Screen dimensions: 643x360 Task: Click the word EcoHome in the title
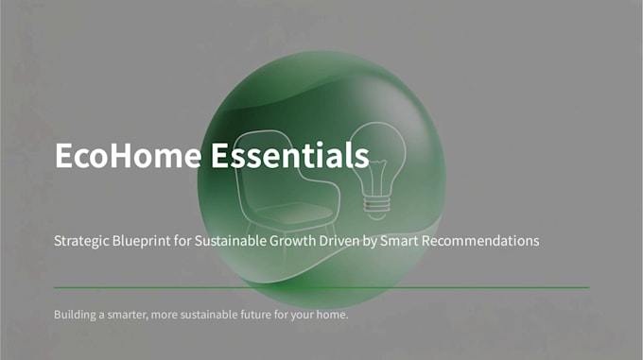click(129, 155)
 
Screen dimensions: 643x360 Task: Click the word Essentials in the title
click(290, 155)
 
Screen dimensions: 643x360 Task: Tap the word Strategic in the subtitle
click(81, 241)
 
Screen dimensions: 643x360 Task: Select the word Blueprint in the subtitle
click(141, 241)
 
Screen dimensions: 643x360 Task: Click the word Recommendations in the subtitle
click(480, 241)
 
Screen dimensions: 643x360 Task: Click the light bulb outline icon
click(376, 170)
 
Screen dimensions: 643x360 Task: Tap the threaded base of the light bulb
click(376, 207)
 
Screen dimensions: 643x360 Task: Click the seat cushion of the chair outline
click(294, 213)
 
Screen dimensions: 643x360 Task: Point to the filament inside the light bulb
click(375, 177)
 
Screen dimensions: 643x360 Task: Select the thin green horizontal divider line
click(321, 288)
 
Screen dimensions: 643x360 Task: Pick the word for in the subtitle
click(182, 241)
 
